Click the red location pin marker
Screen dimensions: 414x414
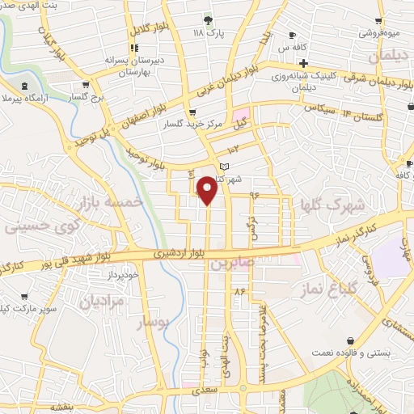[x=208, y=190]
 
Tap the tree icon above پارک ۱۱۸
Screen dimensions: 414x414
[x=209, y=19]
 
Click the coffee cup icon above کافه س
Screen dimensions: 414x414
[x=293, y=36]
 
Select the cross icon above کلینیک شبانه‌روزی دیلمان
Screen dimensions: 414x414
[x=304, y=63]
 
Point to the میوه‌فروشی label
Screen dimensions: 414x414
[x=390, y=34]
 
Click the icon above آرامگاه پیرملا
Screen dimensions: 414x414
[x=23, y=85]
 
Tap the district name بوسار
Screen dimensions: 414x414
[x=153, y=323]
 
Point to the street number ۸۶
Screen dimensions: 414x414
[x=239, y=289]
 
